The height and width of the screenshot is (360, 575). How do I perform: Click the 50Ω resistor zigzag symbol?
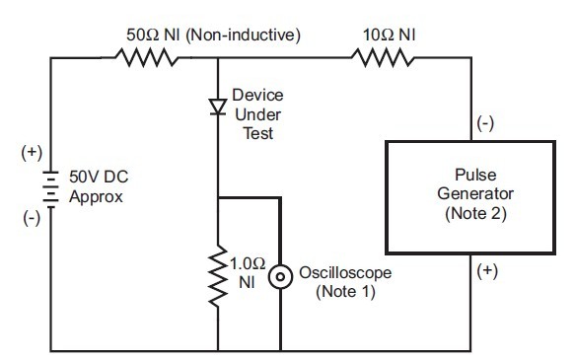pos(147,58)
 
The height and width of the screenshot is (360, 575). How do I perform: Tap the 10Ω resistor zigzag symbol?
pos(381,58)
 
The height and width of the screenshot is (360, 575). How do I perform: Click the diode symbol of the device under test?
pos(216,106)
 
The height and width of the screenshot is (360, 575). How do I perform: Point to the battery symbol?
pos(47,186)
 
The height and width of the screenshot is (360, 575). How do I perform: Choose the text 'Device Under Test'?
pos(256,112)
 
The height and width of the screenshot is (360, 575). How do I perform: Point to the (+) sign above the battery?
pos(31,154)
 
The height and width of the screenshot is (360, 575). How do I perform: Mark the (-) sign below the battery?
pos(31,219)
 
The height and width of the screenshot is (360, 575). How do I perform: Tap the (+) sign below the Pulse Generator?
pos(487,268)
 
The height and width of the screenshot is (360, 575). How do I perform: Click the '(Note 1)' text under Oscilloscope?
pos(341,293)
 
